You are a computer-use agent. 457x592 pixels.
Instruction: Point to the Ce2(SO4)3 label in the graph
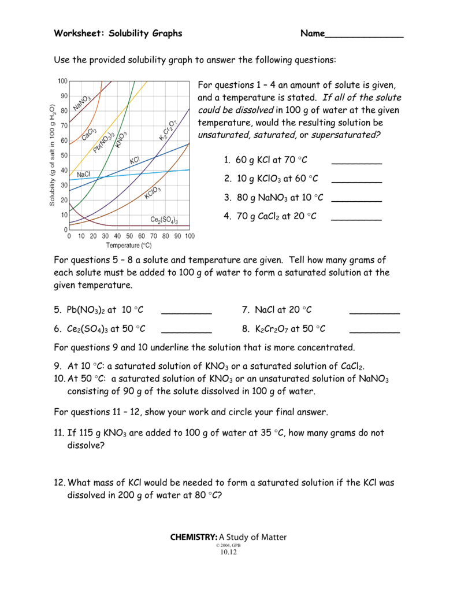(x=164, y=220)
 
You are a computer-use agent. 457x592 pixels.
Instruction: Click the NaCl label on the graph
(x=83, y=174)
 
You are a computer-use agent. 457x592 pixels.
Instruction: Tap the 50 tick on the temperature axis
(x=129, y=236)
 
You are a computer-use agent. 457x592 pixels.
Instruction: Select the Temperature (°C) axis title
(x=129, y=245)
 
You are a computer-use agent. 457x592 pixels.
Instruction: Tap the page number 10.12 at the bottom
(x=228, y=552)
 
